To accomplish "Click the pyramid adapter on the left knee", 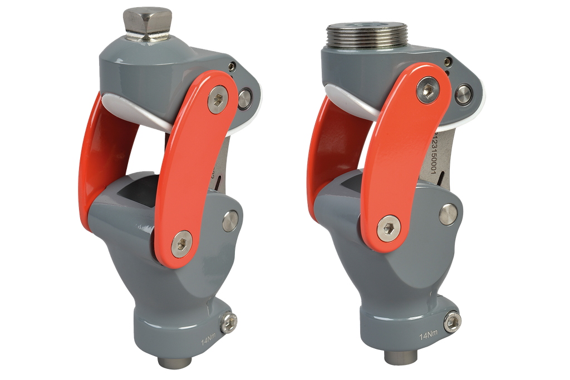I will click(x=146, y=23).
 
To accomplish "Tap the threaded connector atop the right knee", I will click(x=368, y=36).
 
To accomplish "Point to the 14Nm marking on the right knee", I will click(x=427, y=336).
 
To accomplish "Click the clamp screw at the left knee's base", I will click(x=229, y=322).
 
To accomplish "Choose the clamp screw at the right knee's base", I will click(x=453, y=321).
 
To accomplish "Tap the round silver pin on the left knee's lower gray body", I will click(x=230, y=220).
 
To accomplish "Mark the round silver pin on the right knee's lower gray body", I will click(x=448, y=214).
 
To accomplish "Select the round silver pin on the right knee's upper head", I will click(x=462, y=93).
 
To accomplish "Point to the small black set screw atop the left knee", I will click(x=232, y=67).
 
